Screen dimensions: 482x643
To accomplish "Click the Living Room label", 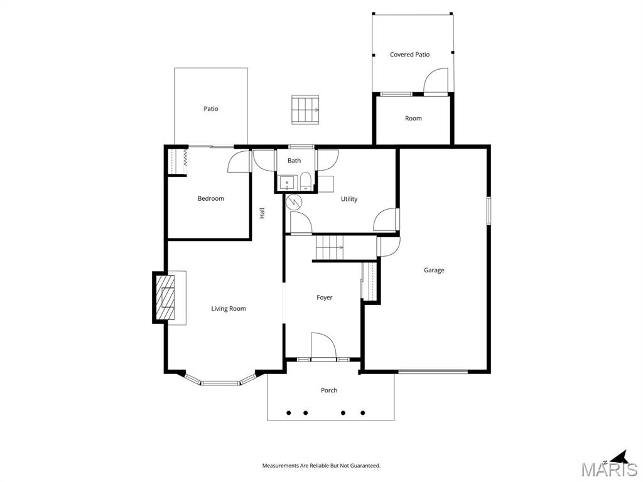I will coord(228,308).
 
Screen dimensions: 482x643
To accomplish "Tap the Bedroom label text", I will coord(210,198).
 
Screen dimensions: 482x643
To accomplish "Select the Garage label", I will coord(433,270).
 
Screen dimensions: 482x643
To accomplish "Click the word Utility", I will coord(349,199).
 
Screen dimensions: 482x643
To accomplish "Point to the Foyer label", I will coord(324,297).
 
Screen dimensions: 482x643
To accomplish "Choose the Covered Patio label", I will coord(409,55).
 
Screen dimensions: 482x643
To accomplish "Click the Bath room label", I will coord(294,161).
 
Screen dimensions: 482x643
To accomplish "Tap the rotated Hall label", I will coord(262,213).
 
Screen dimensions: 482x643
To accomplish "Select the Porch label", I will coord(329,390).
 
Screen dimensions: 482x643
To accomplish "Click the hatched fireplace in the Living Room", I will coord(166,297).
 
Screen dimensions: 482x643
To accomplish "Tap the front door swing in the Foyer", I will coord(323,345).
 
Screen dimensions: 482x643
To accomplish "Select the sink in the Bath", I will coord(287,184).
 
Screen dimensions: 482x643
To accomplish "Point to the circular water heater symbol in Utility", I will coord(294,202).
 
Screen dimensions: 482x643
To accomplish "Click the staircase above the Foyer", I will coord(329,247).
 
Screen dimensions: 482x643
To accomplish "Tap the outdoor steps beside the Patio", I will coord(305,109).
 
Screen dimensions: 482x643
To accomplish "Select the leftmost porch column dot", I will coord(289,413).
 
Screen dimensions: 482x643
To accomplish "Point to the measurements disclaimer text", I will coord(321,466).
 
